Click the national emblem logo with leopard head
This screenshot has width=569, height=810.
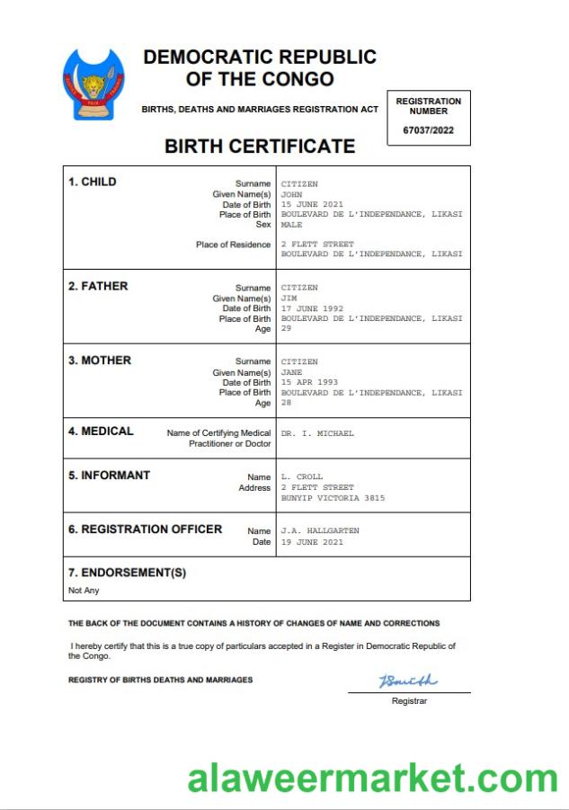coord(91,87)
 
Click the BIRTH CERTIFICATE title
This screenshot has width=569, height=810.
coord(260,146)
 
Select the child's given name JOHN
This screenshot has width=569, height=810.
coord(292,194)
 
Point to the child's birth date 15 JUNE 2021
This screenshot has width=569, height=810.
coord(312,204)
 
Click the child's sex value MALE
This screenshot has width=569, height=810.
coord(291,225)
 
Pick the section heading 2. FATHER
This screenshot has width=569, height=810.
coord(98,286)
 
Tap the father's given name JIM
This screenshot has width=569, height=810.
coord(289,298)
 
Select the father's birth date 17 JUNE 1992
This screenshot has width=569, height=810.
coord(312,308)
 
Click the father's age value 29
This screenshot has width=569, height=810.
coord(286,329)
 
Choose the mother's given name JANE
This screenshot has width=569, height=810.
coord(291,372)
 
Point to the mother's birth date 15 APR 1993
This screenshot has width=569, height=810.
coord(308,382)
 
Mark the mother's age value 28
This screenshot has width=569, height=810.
coord(286,403)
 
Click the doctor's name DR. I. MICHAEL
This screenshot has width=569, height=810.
coord(317,433)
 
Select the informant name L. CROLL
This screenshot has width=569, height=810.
coord(301,476)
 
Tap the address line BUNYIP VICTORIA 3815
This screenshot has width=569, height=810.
coord(333,497)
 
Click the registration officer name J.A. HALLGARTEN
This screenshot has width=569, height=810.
coord(320,531)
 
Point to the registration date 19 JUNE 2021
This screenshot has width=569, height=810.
coord(312,542)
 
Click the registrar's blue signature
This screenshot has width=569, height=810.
coord(407,681)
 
